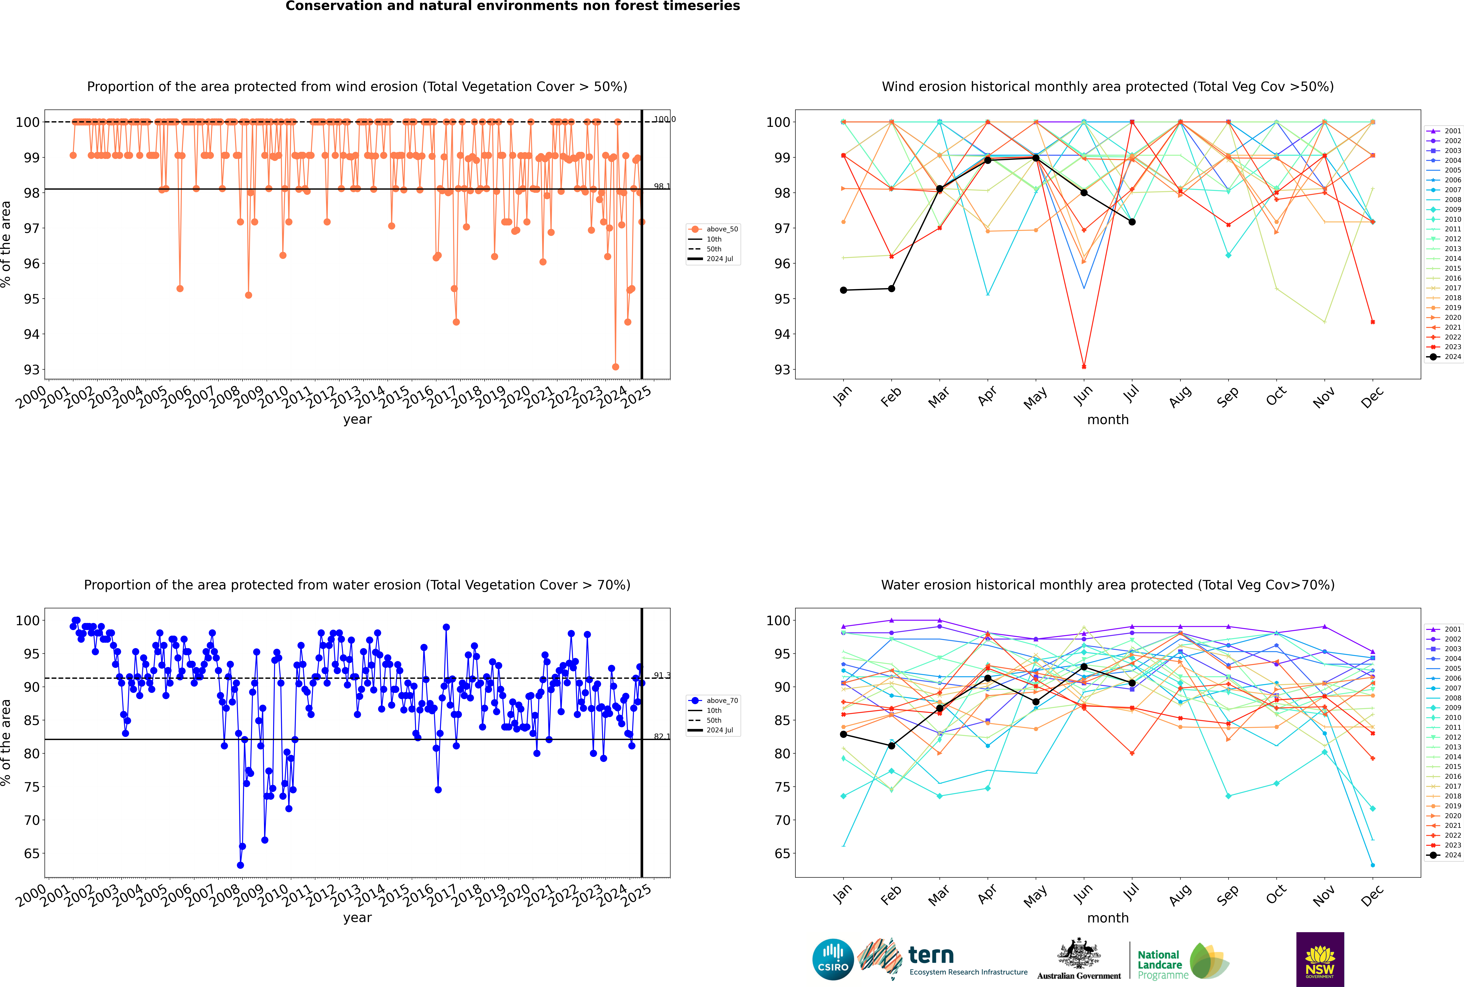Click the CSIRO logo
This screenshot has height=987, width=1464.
(833, 959)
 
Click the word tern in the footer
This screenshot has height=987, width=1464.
(931, 956)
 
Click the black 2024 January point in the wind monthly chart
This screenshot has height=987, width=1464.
(843, 290)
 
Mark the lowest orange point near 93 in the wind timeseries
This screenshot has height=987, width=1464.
(616, 367)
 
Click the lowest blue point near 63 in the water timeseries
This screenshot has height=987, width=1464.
(240, 865)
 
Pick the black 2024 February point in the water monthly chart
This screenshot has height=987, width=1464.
(891, 746)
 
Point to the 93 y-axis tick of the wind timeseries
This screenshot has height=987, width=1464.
(31, 369)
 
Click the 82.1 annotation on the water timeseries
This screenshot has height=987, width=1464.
(661, 736)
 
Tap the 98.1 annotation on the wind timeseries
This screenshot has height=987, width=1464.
(661, 186)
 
